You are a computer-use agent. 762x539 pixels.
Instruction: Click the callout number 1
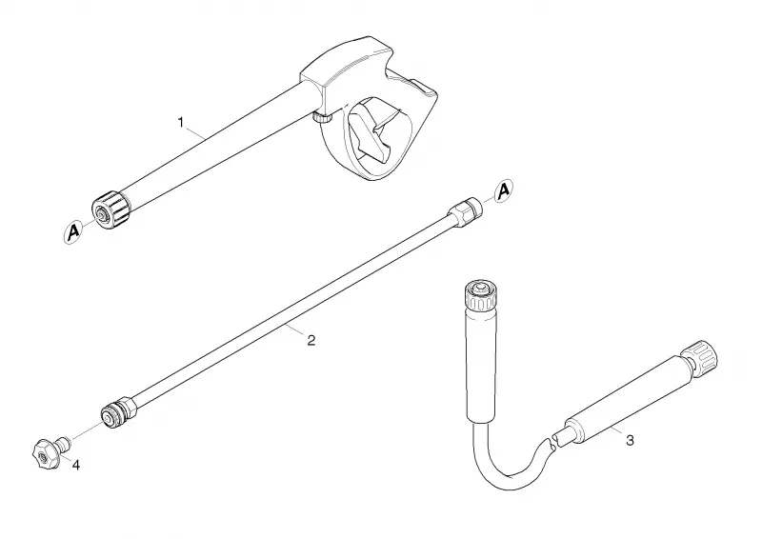[x=181, y=123]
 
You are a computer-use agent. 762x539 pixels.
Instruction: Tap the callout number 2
[x=311, y=340]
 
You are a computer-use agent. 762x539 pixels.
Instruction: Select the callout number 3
[x=630, y=441]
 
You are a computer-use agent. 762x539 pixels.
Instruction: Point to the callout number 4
[x=76, y=465]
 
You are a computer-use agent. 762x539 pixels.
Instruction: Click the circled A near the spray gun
[x=73, y=232]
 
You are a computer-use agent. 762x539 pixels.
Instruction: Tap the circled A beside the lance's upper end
[x=504, y=190]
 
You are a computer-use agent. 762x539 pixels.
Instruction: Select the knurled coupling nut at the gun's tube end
[x=111, y=210]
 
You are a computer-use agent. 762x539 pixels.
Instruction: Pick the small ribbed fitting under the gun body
[x=321, y=117]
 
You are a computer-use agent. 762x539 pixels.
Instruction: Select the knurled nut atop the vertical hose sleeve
[x=481, y=294]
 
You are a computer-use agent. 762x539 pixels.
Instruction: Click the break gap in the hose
[x=552, y=441]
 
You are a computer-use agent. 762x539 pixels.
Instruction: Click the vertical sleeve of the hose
[x=481, y=365]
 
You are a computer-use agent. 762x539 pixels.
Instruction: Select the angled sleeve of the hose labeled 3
[x=627, y=401]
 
